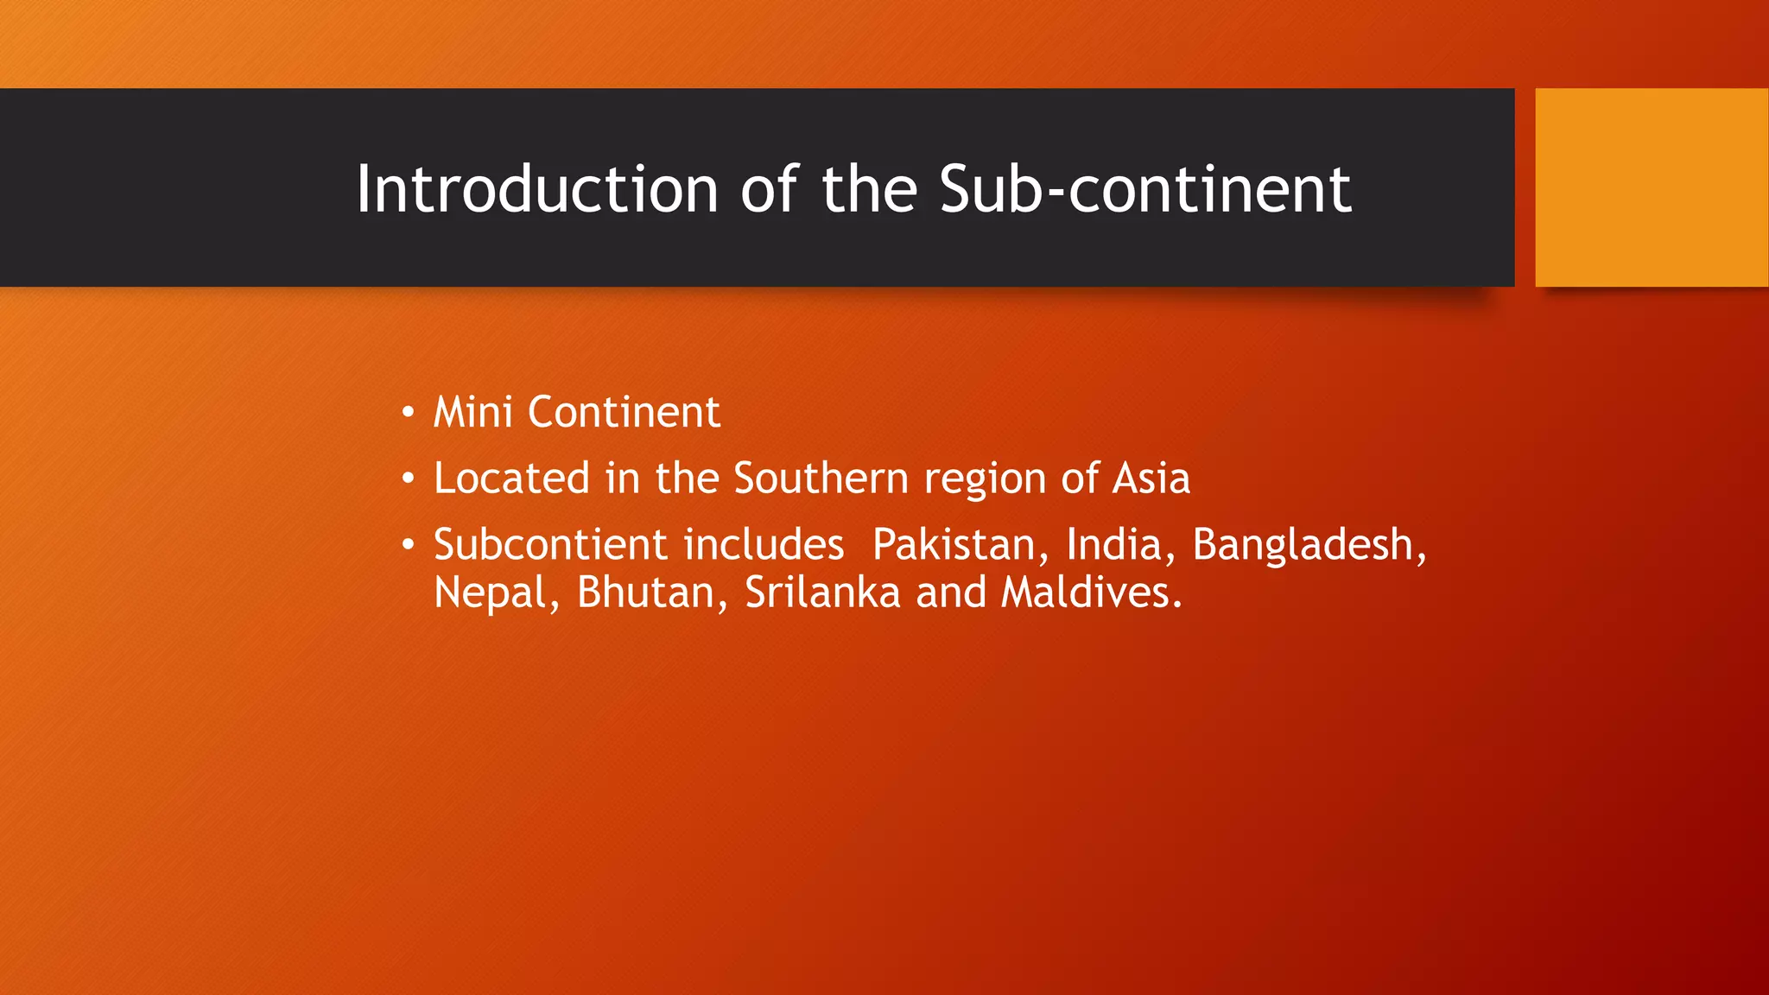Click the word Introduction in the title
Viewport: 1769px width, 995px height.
click(536, 189)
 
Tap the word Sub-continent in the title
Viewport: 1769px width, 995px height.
click(1144, 189)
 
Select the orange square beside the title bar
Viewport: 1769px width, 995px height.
click(1651, 187)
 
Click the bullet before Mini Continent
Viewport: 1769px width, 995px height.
click(408, 412)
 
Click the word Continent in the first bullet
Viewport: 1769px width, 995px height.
click(624, 412)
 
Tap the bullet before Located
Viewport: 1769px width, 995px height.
click(408, 478)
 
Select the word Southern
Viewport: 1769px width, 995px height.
click(821, 478)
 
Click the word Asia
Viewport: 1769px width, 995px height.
click(1151, 478)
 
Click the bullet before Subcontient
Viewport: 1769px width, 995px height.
click(408, 545)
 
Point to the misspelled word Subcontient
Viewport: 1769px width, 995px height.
click(550, 545)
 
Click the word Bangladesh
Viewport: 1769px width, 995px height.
click(1303, 545)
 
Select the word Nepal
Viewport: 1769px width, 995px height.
click(491, 593)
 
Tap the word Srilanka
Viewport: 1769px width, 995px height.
click(822, 593)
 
